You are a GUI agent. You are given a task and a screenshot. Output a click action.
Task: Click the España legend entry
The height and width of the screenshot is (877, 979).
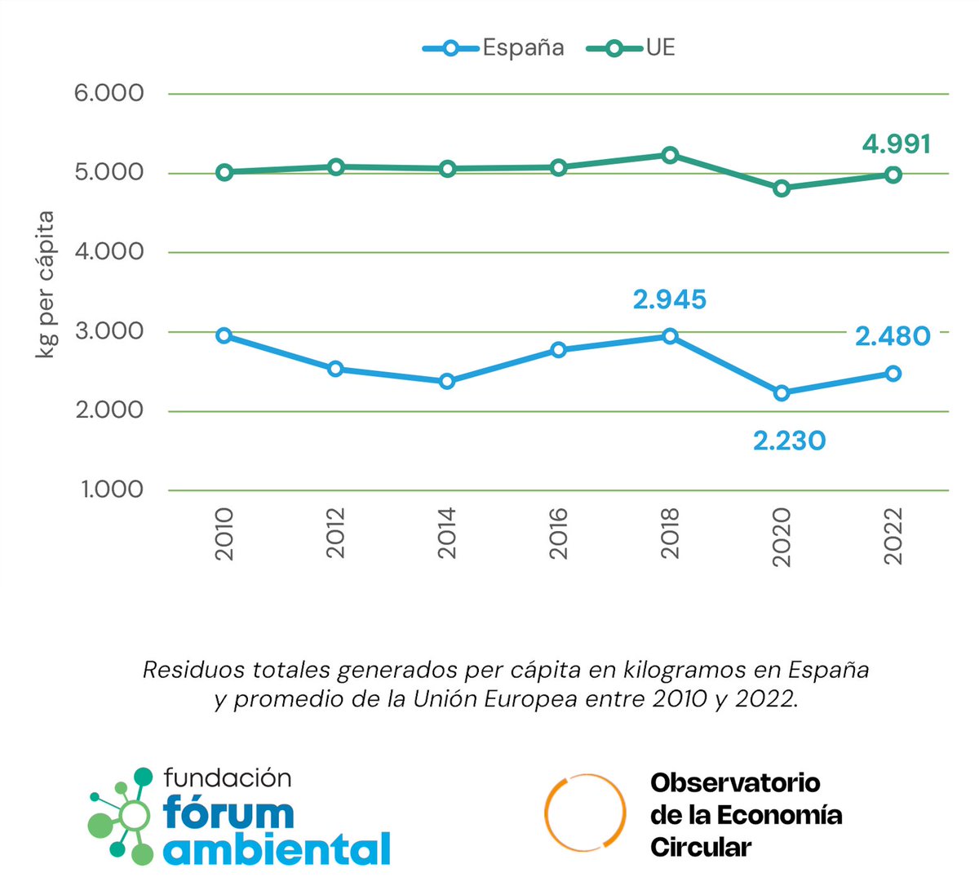[x=494, y=48]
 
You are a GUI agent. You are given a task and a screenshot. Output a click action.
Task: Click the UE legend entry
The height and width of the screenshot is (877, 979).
[x=631, y=48]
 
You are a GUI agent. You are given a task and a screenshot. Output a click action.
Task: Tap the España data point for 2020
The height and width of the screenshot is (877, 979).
[x=782, y=393]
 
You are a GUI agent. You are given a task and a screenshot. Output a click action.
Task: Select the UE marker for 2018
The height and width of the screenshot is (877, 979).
[x=670, y=155]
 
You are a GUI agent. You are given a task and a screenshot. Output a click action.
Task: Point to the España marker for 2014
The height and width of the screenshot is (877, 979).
[x=447, y=381]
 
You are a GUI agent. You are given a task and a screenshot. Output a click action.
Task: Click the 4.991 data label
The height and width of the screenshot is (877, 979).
[x=896, y=144]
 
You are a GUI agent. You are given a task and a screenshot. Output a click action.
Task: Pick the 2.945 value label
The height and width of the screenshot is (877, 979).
[x=670, y=300]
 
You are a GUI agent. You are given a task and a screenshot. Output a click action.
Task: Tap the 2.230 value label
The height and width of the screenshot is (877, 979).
[x=789, y=441]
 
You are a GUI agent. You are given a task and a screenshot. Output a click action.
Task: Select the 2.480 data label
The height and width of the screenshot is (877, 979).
[x=893, y=336]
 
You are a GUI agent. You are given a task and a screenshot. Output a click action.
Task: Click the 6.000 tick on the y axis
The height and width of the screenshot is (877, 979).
[x=109, y=93]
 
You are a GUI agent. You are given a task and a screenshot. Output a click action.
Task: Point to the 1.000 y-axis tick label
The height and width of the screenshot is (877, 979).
[x=112, y=489]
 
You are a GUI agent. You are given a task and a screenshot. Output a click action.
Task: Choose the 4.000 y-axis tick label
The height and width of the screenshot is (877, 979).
[x=109, y=251]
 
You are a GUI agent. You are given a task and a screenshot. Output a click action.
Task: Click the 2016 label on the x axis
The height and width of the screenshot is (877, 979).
[x=559, y=534]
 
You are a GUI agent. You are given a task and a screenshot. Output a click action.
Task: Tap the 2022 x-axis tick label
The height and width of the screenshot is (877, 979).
[x=893, y=535]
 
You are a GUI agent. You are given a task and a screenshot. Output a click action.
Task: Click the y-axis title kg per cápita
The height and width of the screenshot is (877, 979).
[x=46, y=284]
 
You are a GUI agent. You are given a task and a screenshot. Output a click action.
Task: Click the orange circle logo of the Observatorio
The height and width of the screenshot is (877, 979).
[x=585, y=813]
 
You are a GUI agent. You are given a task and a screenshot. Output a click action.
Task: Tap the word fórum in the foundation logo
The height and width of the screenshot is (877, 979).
[x=228, y=813]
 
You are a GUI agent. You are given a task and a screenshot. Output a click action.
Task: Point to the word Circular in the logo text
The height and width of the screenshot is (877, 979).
[x=700, y=848]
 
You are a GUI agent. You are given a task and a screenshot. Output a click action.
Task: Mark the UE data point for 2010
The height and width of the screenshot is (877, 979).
[x=224, y=172]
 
